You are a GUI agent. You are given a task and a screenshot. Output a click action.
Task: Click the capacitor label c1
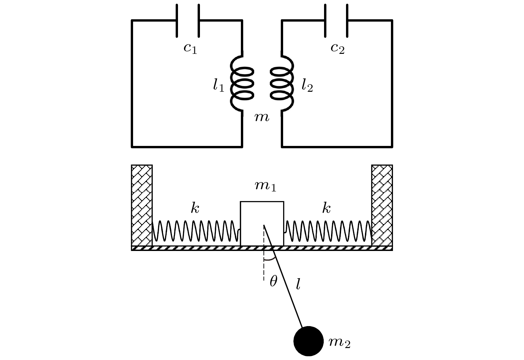tap(190, 48)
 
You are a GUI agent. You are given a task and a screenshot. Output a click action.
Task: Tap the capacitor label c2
tap(337, 48)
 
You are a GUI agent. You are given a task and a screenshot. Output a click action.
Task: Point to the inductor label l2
tap(307, 86)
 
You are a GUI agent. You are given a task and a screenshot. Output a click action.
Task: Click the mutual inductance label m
tap(262, 117)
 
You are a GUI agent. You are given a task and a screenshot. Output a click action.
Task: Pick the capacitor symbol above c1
tap(188, 21)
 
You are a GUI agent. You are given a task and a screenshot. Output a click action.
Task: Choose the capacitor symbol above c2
tap(336, 21)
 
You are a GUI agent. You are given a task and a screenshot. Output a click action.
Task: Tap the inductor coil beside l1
tap(242, 83)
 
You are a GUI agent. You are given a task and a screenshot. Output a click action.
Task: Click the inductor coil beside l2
tap(282, 83)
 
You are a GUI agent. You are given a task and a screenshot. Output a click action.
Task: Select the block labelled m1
tap(262, 223)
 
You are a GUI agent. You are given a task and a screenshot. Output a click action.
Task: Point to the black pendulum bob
tap(308, 341)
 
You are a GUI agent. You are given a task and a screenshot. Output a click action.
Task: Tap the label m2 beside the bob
tap(339, 342)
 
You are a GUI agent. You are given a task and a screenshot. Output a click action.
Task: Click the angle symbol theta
tap(273, 282)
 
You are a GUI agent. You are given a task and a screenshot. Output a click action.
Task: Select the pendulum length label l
tap(298, 284)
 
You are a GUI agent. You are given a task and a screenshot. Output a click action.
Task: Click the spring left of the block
tap(196, 231)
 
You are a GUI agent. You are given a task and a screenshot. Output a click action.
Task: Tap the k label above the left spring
tap(195, 208)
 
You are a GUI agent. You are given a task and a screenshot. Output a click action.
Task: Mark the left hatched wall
tap(142, 205)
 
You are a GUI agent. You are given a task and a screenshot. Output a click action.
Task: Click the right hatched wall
tap(382, 205)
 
